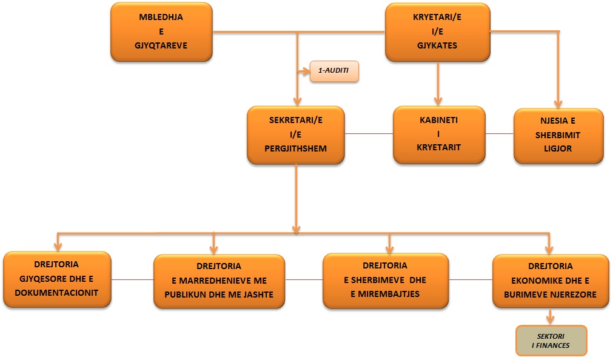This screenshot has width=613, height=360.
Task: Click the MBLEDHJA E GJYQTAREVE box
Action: pyautogui.click(x=161, y=32)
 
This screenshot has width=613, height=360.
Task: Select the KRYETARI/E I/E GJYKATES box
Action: pyautogui.click(x=437, y=32)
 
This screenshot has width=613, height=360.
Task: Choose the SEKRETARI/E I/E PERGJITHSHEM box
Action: pyautogui.click(x=296, y=134)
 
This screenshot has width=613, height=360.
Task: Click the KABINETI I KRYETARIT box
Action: pyautogui.click(x=439, y=134)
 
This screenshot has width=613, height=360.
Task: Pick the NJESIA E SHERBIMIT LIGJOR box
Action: pyautogui.click(x=558, y=135)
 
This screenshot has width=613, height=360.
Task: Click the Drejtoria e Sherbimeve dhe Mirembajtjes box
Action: pyautogui.click(x=386, y=280)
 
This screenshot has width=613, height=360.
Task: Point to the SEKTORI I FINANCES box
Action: pyautogui.click(x=551, y=341)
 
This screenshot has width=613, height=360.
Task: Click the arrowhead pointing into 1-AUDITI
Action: pyautogui.click(x=305, y=72)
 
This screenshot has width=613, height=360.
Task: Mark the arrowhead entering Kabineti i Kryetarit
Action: pyautogui.click(x=437, y=101)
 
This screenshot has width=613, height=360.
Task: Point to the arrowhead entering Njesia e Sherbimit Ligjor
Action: pyautogui.click(x=558, y=104)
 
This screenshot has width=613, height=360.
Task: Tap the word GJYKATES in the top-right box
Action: pyautogui.click(x=437, y=45)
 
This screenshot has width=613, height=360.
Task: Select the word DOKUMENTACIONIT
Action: pyautogui.click(x=57, y=293)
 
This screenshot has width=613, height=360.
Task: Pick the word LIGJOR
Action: pyautogui.click(x=558, y=148)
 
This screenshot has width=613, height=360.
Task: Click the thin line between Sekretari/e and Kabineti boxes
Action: pyautogui.click(x=369, y=133)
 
